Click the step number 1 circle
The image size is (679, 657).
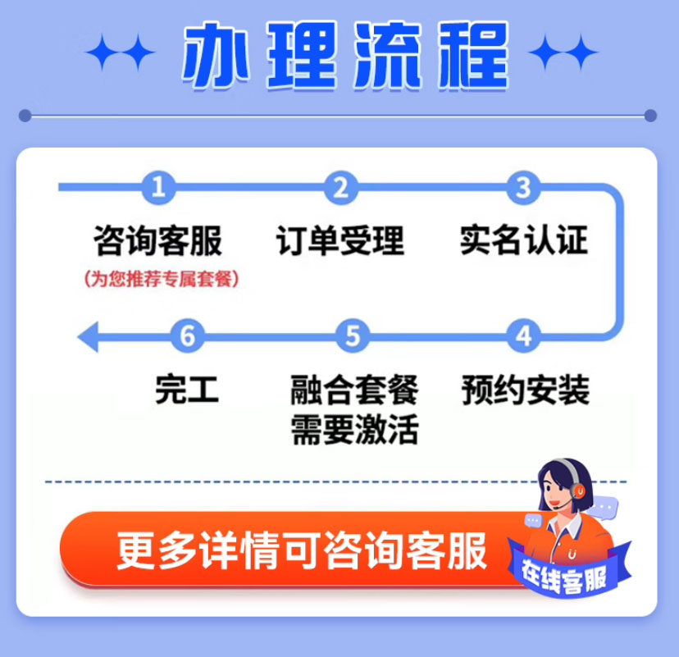click(x=158, y=188)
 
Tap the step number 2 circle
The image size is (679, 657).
click(x=340, y=188)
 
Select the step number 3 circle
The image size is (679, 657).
click(x=522, y=188)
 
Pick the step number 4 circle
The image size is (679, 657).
click(x=522, y=336)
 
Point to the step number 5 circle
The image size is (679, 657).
click(x=353, y=336)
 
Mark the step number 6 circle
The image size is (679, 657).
click(x=188, y=336)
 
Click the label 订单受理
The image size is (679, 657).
click(x=340, y=241)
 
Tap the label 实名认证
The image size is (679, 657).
click(x=523, y=241)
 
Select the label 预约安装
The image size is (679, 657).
click(x=525, y=390)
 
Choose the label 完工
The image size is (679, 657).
click(x=188, y=390)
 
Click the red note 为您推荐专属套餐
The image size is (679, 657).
click(x=162, y=279)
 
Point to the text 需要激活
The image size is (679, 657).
click(x=354, y=430)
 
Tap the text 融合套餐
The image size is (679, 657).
click(x=354, y=390)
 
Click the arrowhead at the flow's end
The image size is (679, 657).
click(x=87, y=336)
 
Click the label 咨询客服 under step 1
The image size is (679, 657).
click(x=158, y=241)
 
